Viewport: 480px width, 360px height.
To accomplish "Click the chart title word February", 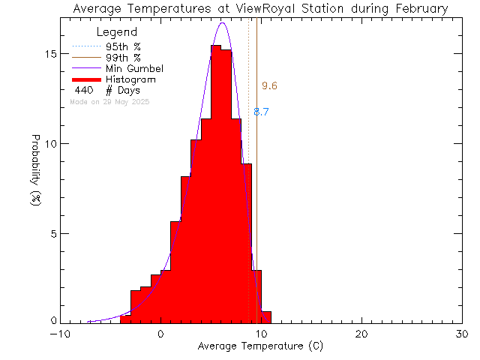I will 418,9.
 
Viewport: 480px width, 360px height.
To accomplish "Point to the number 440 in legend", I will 83,90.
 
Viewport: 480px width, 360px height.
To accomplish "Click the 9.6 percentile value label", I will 269,86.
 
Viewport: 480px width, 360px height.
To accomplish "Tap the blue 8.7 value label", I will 262,112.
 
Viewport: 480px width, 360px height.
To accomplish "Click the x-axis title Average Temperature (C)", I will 261,346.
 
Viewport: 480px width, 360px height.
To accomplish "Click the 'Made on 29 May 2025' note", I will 109,101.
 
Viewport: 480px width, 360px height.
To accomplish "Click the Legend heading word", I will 118,32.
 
